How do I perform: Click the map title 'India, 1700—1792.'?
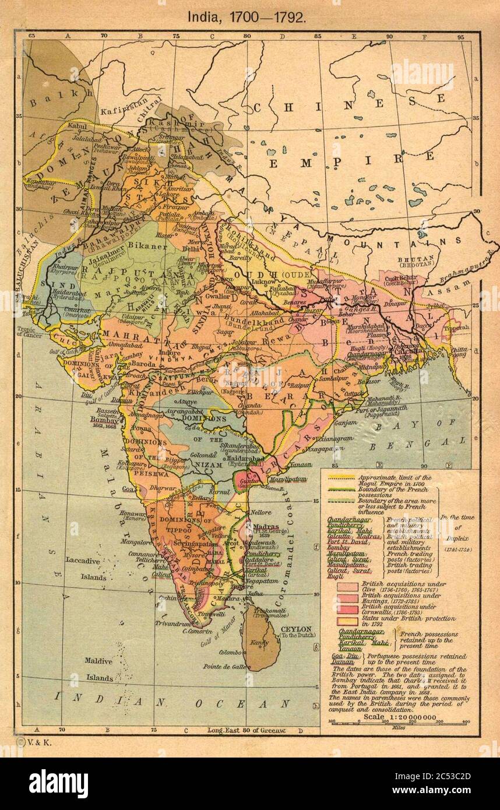[x=247, y=16]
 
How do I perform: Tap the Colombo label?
[x=231, y=652]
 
